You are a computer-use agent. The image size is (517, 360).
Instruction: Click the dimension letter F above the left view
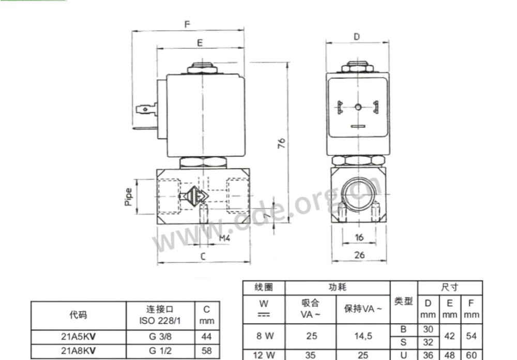187,24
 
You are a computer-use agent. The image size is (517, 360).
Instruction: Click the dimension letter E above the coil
200,43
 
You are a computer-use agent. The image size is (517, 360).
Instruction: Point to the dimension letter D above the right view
357,37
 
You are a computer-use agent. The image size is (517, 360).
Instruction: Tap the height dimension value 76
281,143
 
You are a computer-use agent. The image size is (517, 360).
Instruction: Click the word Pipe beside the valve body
128,197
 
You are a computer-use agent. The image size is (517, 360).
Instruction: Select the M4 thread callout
224,238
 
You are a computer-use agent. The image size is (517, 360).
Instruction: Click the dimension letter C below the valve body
203,256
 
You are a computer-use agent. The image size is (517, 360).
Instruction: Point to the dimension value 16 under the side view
359,237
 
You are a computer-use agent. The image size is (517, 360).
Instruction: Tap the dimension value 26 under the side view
359,254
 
